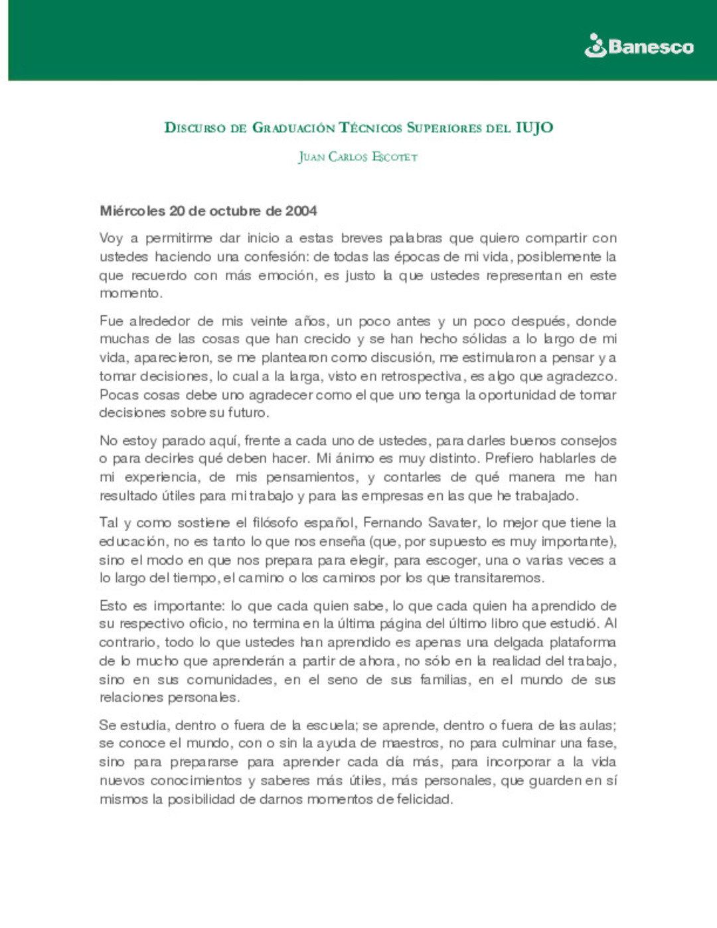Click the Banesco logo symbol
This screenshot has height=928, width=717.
coord(596,46)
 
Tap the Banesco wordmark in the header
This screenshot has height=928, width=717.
coord(651,46)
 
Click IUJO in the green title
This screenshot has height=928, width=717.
coord(534,127)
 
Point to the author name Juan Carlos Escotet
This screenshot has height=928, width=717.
coord(358,157)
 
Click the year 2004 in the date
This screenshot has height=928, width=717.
coord(301,211)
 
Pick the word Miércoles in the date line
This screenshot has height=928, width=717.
coord(132,211)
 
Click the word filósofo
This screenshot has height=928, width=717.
coord(284,523)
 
